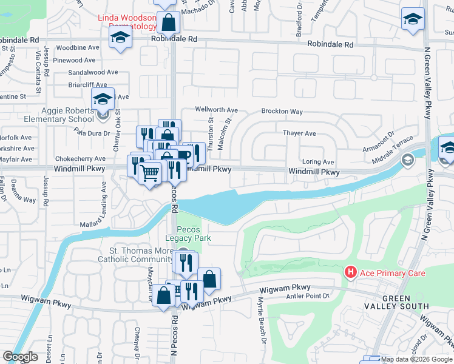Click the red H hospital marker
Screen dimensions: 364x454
coord(350,273)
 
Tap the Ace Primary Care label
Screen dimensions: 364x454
coord(393,274)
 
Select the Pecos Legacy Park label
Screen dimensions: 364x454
coord(194,234)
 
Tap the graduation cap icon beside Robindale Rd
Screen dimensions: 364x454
coord(120,39)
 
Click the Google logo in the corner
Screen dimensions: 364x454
coord(20,357)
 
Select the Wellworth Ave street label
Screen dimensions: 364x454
coord(216,110)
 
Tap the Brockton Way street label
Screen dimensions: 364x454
coord(282,112)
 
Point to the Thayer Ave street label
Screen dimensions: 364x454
coord(299,133)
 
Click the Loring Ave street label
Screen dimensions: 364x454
coord(318,162)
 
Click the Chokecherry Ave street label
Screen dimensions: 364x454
coord(80,158)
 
